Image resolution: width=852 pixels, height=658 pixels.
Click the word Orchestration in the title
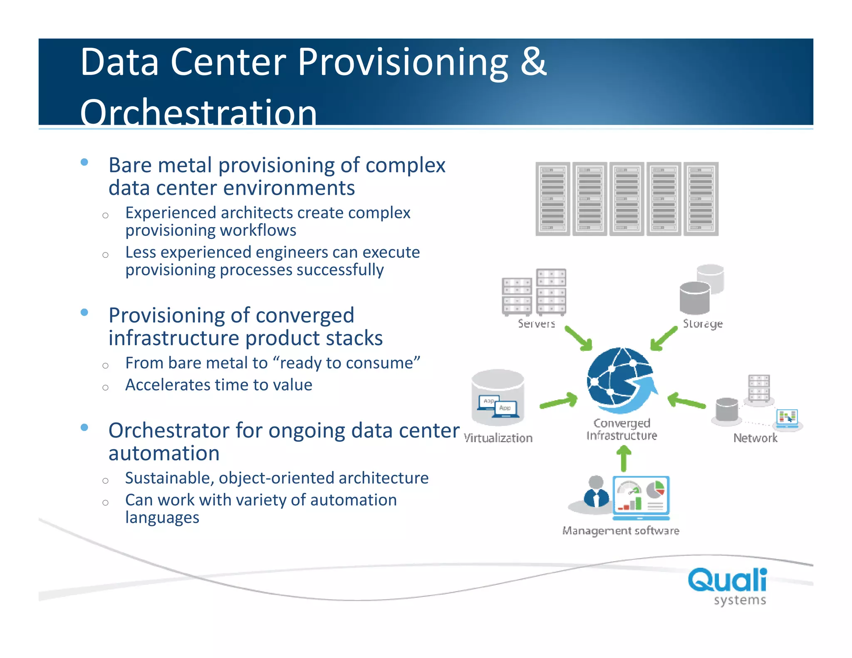pos(198,112)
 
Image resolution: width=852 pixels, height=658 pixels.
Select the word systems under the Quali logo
pos(740,600)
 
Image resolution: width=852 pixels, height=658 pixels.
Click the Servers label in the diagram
pos(536,324)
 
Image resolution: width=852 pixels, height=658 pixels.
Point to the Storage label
pos(703,324)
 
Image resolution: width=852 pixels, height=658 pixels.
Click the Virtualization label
pos(498,438)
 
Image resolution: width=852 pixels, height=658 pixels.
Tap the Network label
pos(755,438)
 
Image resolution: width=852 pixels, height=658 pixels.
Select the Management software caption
pos(620,531)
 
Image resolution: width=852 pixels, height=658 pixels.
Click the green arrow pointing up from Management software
pos(623,458)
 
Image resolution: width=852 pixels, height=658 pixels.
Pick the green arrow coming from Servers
pos(579,339)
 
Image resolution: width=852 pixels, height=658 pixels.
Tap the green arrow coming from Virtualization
pos(559,402)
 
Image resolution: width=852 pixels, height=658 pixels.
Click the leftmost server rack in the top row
pos(552,199)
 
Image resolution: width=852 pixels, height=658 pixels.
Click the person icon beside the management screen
pos(596,492)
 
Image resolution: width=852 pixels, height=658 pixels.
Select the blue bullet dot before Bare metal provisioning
pos(84,162)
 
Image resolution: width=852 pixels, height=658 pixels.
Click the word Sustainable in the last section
pos(169,478)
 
